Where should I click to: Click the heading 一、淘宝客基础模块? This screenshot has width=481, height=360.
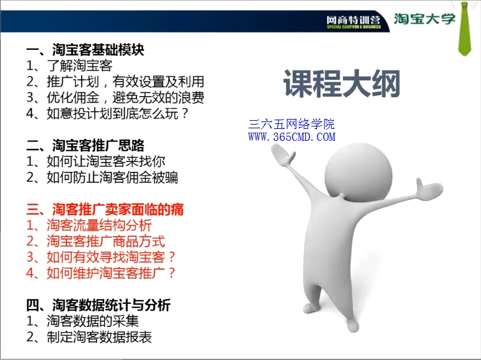[x=85, y=50]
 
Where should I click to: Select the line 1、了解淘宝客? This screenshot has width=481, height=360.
[x=69, y=65]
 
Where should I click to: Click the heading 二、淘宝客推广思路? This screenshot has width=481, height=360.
[x=85, y=146]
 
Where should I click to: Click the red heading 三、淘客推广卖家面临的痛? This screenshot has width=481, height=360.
[x=105, y=209]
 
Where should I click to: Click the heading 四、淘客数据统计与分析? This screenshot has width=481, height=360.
[x=98, y=305]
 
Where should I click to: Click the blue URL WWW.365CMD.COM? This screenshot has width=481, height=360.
[x=292, y=137]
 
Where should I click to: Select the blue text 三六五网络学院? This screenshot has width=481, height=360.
[x=292, y=124]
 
